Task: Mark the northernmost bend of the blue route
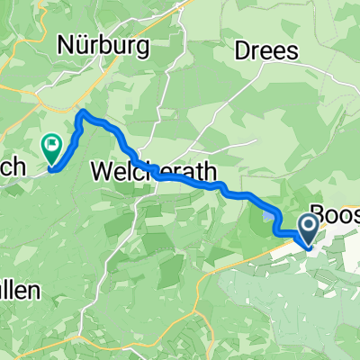83,112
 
